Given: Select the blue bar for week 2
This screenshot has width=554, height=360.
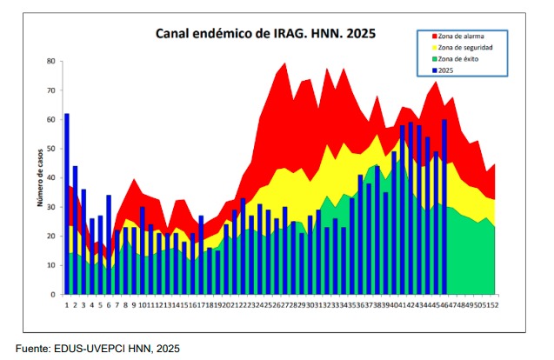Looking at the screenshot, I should tap(75, 230).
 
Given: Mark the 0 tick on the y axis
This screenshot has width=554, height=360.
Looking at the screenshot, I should tap(54, 294).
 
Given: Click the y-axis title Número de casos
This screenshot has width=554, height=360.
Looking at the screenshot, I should tap(40, 177).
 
